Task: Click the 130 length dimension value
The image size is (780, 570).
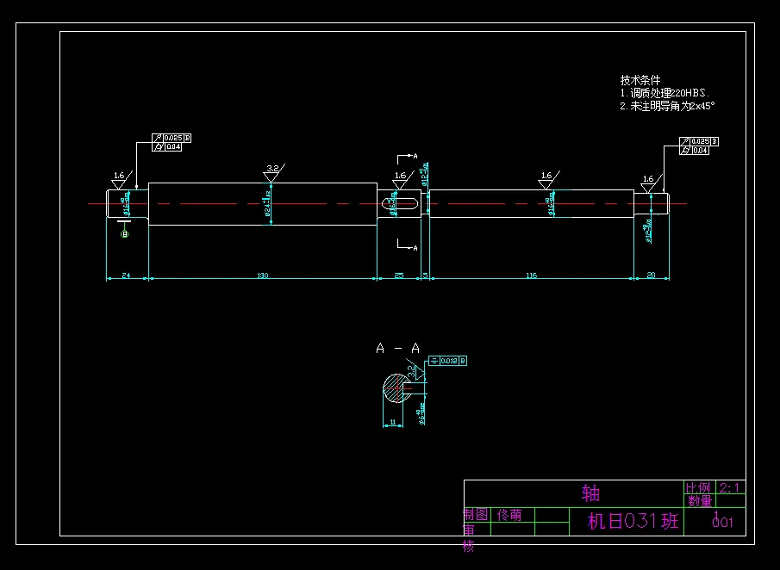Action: click(263, 276)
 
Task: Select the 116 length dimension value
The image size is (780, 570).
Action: click(531, 276)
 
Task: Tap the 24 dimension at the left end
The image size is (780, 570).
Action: click(126, 276)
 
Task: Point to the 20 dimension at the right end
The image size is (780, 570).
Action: click(651, 276)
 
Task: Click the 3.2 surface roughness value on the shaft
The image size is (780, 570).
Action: click(272, 168)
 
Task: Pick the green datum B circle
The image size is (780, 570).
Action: click(124, 233)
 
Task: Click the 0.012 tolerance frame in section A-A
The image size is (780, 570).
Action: click(448, 361)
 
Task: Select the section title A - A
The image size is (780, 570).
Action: click(397, 349)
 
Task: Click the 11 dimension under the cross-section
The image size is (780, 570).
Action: click(392, 422)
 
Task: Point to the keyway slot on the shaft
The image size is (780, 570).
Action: click(399, 203)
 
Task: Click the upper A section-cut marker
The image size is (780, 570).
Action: click(415, 157)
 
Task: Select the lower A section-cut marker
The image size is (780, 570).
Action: click(415, 248)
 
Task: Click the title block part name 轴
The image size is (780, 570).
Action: click(590, 493)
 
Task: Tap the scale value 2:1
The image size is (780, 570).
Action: click(729, 488)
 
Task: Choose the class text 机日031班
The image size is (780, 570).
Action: click(633, 521)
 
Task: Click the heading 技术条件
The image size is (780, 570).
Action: click(640, 80)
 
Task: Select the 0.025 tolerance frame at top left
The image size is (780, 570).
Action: click(173, 138)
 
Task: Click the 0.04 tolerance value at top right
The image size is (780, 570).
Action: click(700, 150)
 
